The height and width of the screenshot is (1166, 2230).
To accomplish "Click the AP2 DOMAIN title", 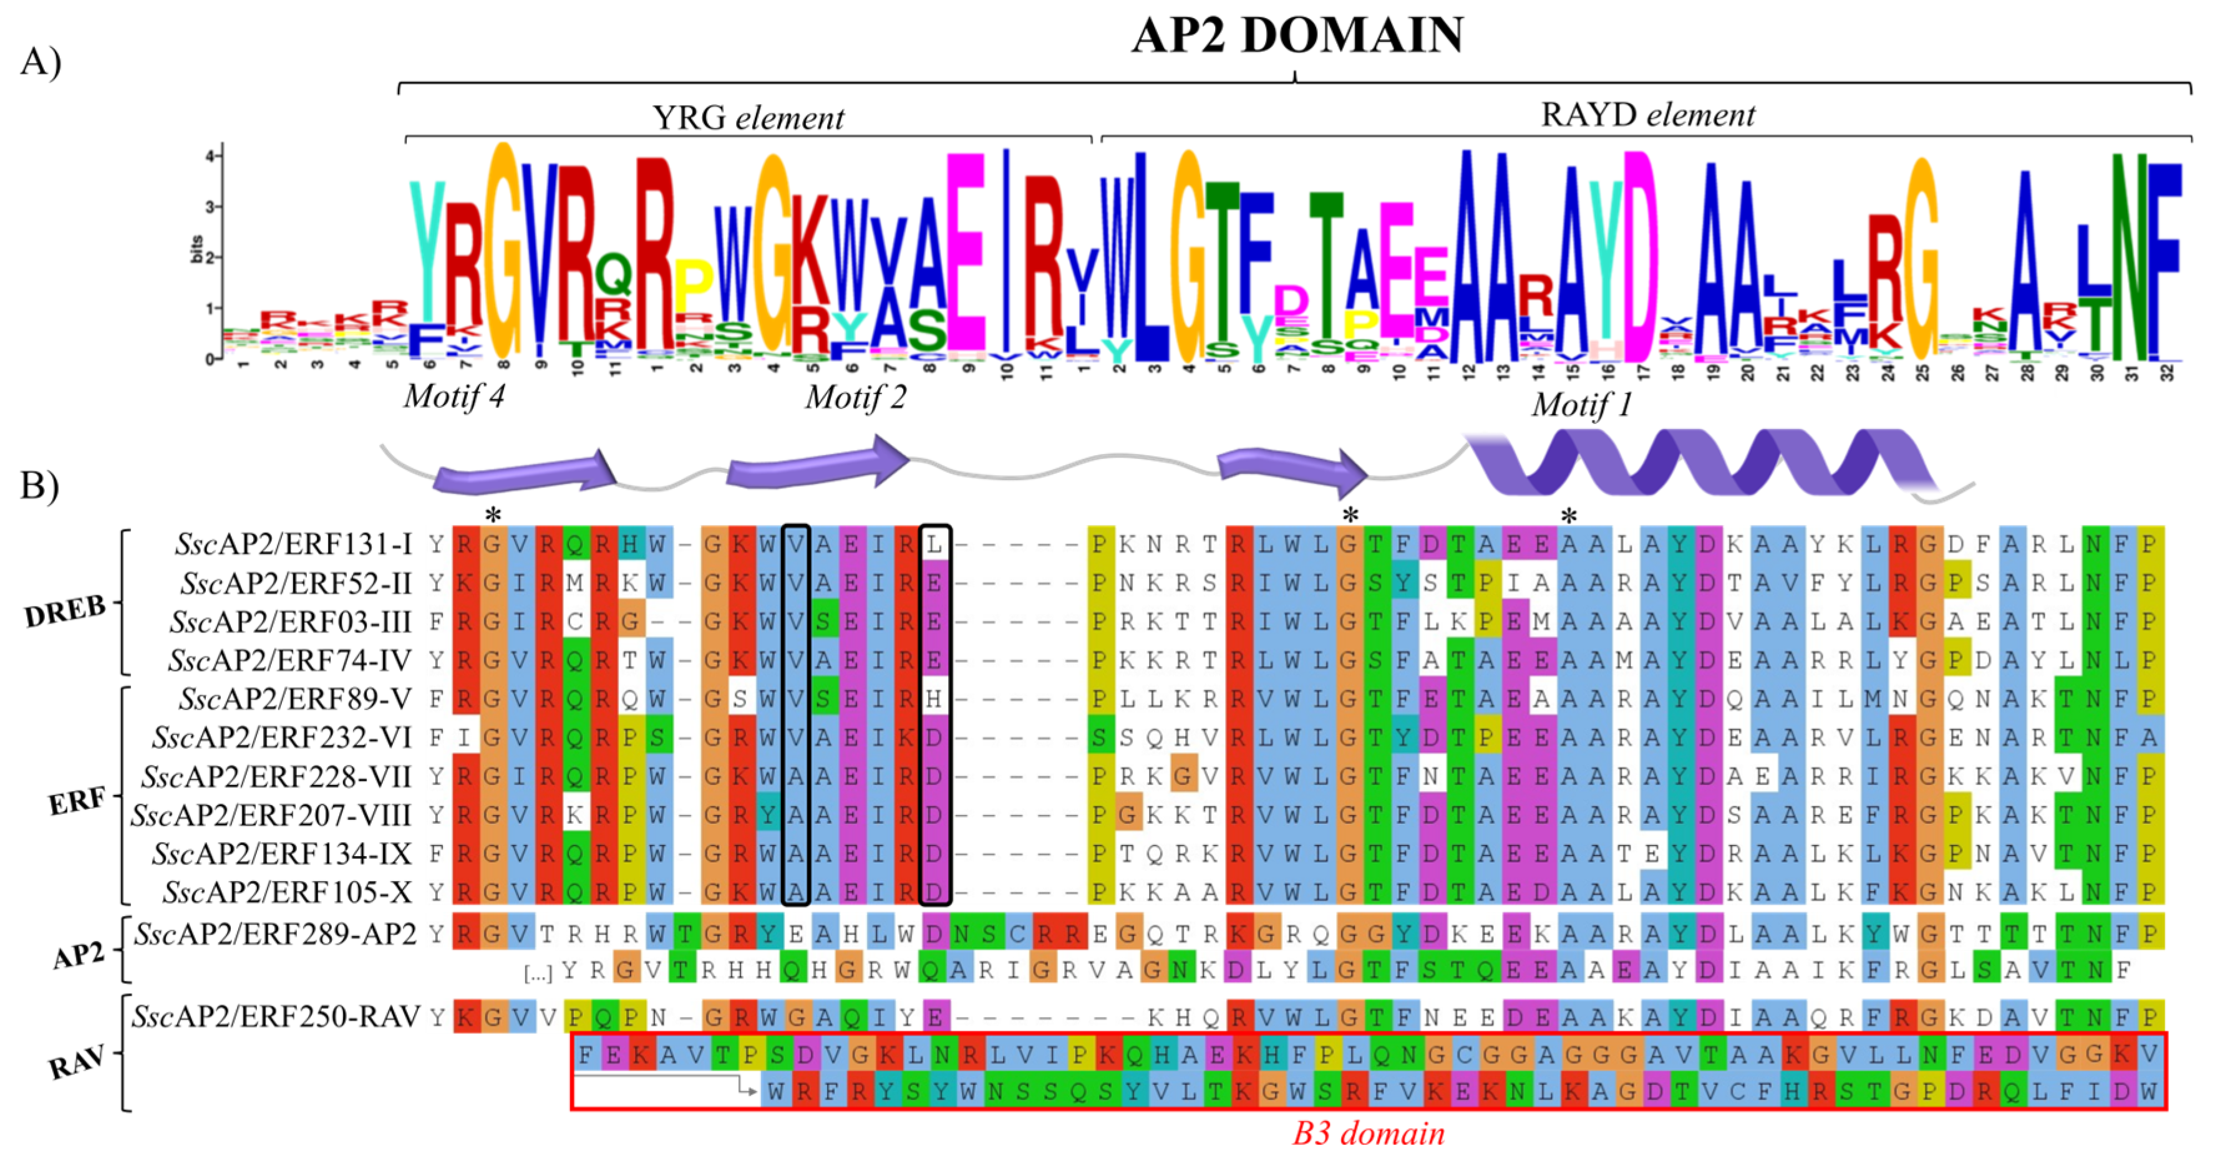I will [1297, 36].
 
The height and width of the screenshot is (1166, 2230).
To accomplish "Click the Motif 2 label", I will [855, 397].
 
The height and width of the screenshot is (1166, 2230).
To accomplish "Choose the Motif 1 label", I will [1581, 404].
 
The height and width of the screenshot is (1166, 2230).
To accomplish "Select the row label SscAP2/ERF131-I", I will [293, 544].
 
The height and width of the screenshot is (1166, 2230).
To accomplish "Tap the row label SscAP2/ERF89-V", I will [294, 698].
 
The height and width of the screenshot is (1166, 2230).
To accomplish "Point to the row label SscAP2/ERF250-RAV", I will [275, 1016].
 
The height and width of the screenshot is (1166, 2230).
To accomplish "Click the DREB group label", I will [65, 611].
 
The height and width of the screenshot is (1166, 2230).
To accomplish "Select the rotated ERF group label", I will [77, 801].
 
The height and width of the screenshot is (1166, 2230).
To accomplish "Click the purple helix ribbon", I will [1697, 463].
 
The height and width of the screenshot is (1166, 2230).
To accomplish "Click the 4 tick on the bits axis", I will [208, 157].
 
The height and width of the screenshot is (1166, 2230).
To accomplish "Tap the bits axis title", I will [196, 249].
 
